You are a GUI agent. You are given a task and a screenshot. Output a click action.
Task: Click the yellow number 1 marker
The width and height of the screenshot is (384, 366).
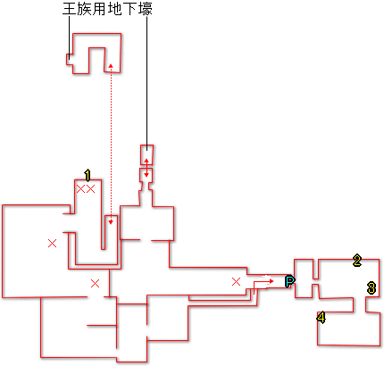click(x=88, y=176)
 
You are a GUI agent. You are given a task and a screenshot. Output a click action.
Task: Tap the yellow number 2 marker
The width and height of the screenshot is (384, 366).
click(x=357, y=261)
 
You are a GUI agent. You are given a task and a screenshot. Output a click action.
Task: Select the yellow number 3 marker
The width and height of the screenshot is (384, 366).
click(x=371, y=288)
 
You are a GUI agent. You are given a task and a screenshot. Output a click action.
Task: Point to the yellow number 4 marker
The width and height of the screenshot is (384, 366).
click(x=321, y=318)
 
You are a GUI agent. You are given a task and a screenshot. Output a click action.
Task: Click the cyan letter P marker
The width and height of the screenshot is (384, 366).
click(x=289, y=281)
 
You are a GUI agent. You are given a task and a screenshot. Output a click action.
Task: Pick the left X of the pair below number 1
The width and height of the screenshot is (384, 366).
click(x=80, y=188)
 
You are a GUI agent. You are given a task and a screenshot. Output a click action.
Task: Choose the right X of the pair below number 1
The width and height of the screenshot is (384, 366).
click(x=90, y=188)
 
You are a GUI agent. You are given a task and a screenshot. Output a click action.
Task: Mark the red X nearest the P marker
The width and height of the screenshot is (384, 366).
click(x=236, y=281)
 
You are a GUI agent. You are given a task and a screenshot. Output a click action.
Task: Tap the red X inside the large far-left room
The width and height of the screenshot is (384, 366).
click(x=52, y=244)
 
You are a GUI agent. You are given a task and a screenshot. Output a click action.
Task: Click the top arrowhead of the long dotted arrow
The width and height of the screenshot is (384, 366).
click(x=111, y=65)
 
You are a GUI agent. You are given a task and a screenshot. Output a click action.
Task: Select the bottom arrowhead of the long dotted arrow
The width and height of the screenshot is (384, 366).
click(x=111, y=222)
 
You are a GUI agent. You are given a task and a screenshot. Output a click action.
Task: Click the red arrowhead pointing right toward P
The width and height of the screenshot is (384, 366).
click(x=271, y=281)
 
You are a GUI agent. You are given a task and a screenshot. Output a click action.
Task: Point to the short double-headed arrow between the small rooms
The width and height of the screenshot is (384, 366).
click(x=146, y=168)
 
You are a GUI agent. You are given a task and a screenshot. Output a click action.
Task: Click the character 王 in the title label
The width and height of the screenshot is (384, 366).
click(x=69, y=9)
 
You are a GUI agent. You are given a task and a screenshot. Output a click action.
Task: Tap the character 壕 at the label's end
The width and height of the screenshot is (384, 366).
click(x=146, y=9)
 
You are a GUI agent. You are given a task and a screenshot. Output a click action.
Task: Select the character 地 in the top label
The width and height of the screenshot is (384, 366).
click(x=114, y=9)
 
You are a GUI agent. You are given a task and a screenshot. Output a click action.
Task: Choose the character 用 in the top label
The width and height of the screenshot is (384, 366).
click(x=99, y=9)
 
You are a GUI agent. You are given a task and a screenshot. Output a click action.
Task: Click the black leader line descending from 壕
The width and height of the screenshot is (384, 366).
click(x=146, y=83)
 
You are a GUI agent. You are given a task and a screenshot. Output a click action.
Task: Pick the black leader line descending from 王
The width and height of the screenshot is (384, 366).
click(x=70, y=37)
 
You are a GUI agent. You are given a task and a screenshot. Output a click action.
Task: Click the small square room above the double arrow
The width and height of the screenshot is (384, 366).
click(x=146, y=154)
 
